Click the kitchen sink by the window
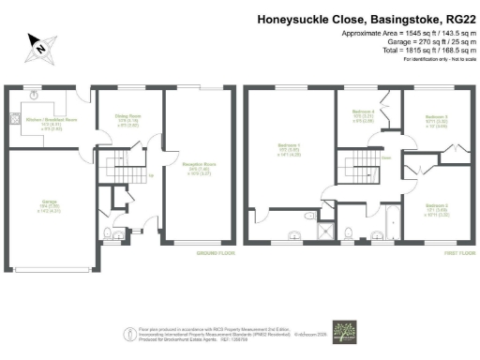[x=34, y=95]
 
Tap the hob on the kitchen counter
[x=13, y=119]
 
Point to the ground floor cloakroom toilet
[x=109, y=232]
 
